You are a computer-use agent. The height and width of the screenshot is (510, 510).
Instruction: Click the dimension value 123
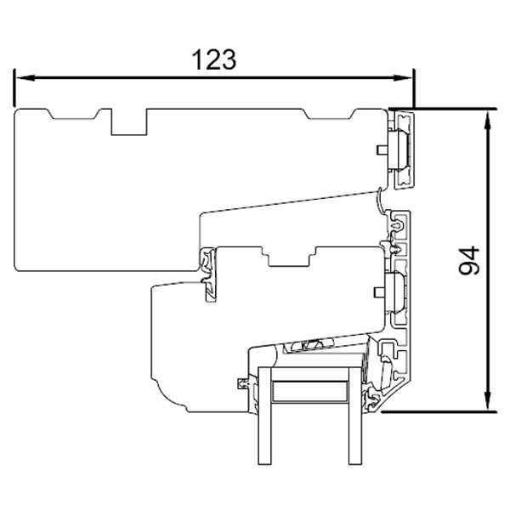[212, 59]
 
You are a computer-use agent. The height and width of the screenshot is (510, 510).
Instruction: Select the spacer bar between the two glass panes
[309, 392]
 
